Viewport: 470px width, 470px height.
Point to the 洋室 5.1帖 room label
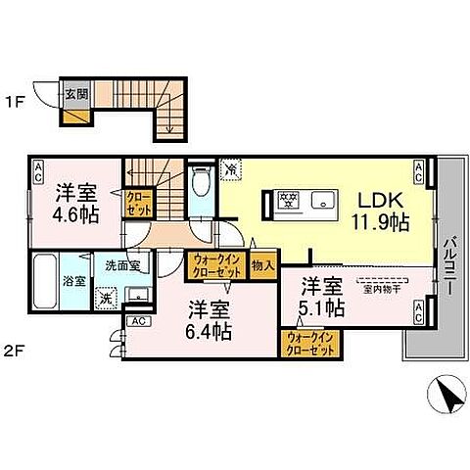pyautogui.click(x=321, y=297)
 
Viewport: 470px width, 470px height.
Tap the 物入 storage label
pyautogui.click(x=262, y=264)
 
